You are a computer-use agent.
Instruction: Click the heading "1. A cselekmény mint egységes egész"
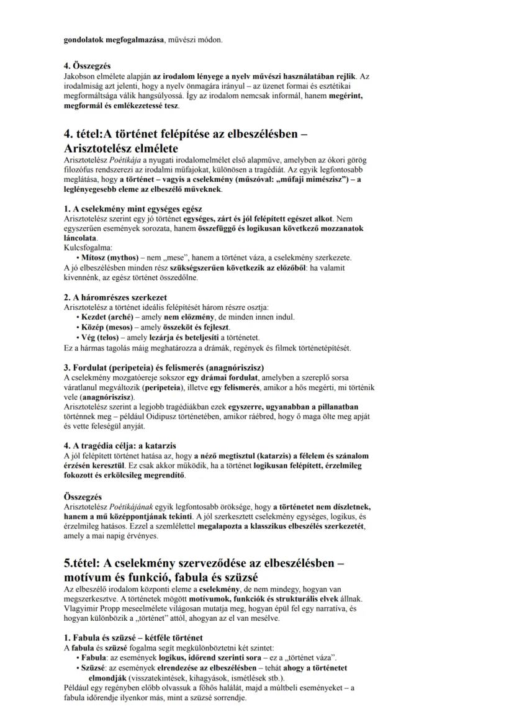point(132,209)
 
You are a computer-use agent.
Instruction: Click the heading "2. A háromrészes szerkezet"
point(115,297)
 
